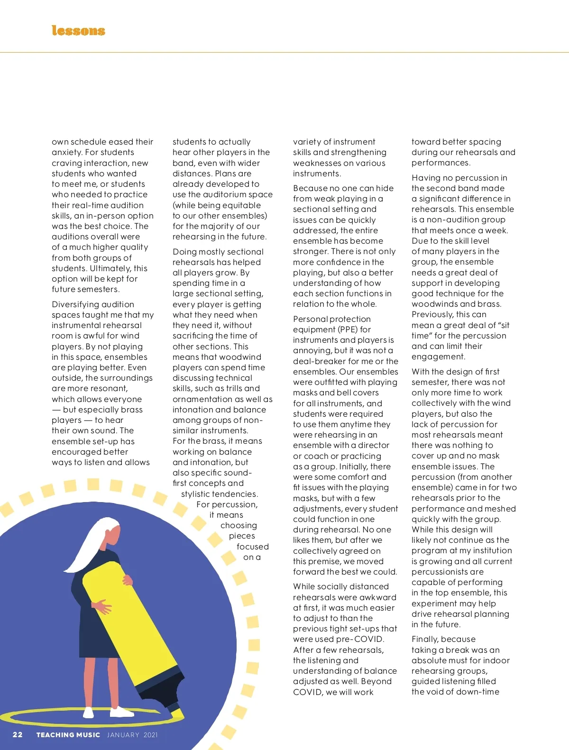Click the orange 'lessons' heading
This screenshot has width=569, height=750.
(x=78, y=31)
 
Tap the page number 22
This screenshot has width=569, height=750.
(x=18, y=735)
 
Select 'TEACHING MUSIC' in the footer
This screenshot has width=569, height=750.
(x=68, y=735)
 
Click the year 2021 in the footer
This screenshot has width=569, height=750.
(x=150, y=735)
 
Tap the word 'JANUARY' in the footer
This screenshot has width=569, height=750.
(x=123, y=735)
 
